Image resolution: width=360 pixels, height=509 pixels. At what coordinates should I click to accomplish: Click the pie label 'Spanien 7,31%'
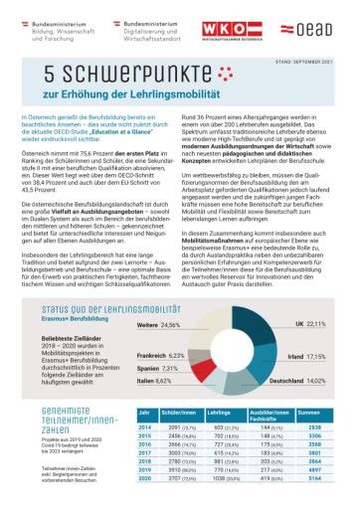[x=157, y=368]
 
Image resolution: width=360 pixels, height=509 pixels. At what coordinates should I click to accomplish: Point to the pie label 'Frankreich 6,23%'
[x=161, y=355]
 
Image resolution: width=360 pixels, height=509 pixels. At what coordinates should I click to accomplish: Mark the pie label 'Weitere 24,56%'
[x=159, y=325]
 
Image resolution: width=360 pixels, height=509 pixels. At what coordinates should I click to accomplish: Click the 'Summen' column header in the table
[x=308, y=412]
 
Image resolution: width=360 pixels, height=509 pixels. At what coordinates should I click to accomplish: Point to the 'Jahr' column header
[x=143, y=412]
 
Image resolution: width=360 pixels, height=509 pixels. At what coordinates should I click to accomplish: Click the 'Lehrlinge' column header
[x=220, y=412]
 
